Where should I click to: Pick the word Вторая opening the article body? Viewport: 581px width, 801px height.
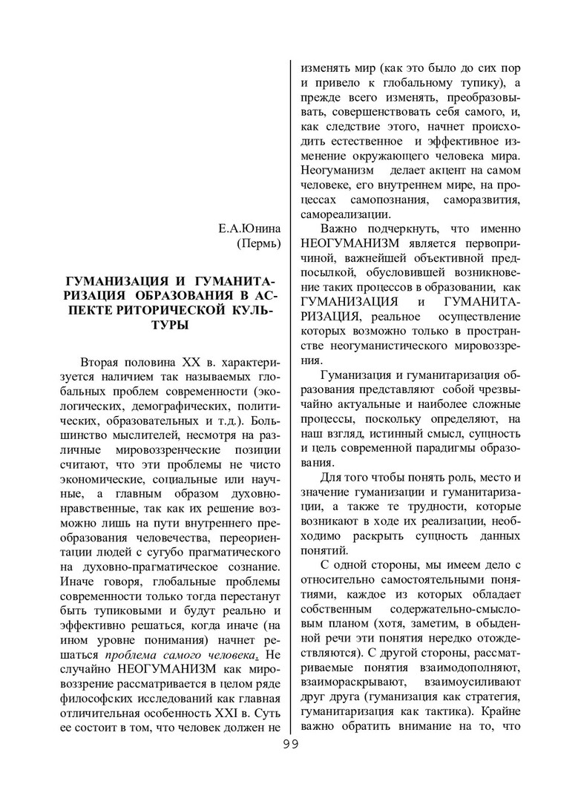[105, 363]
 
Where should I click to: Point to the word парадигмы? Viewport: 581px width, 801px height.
[450, 449]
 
